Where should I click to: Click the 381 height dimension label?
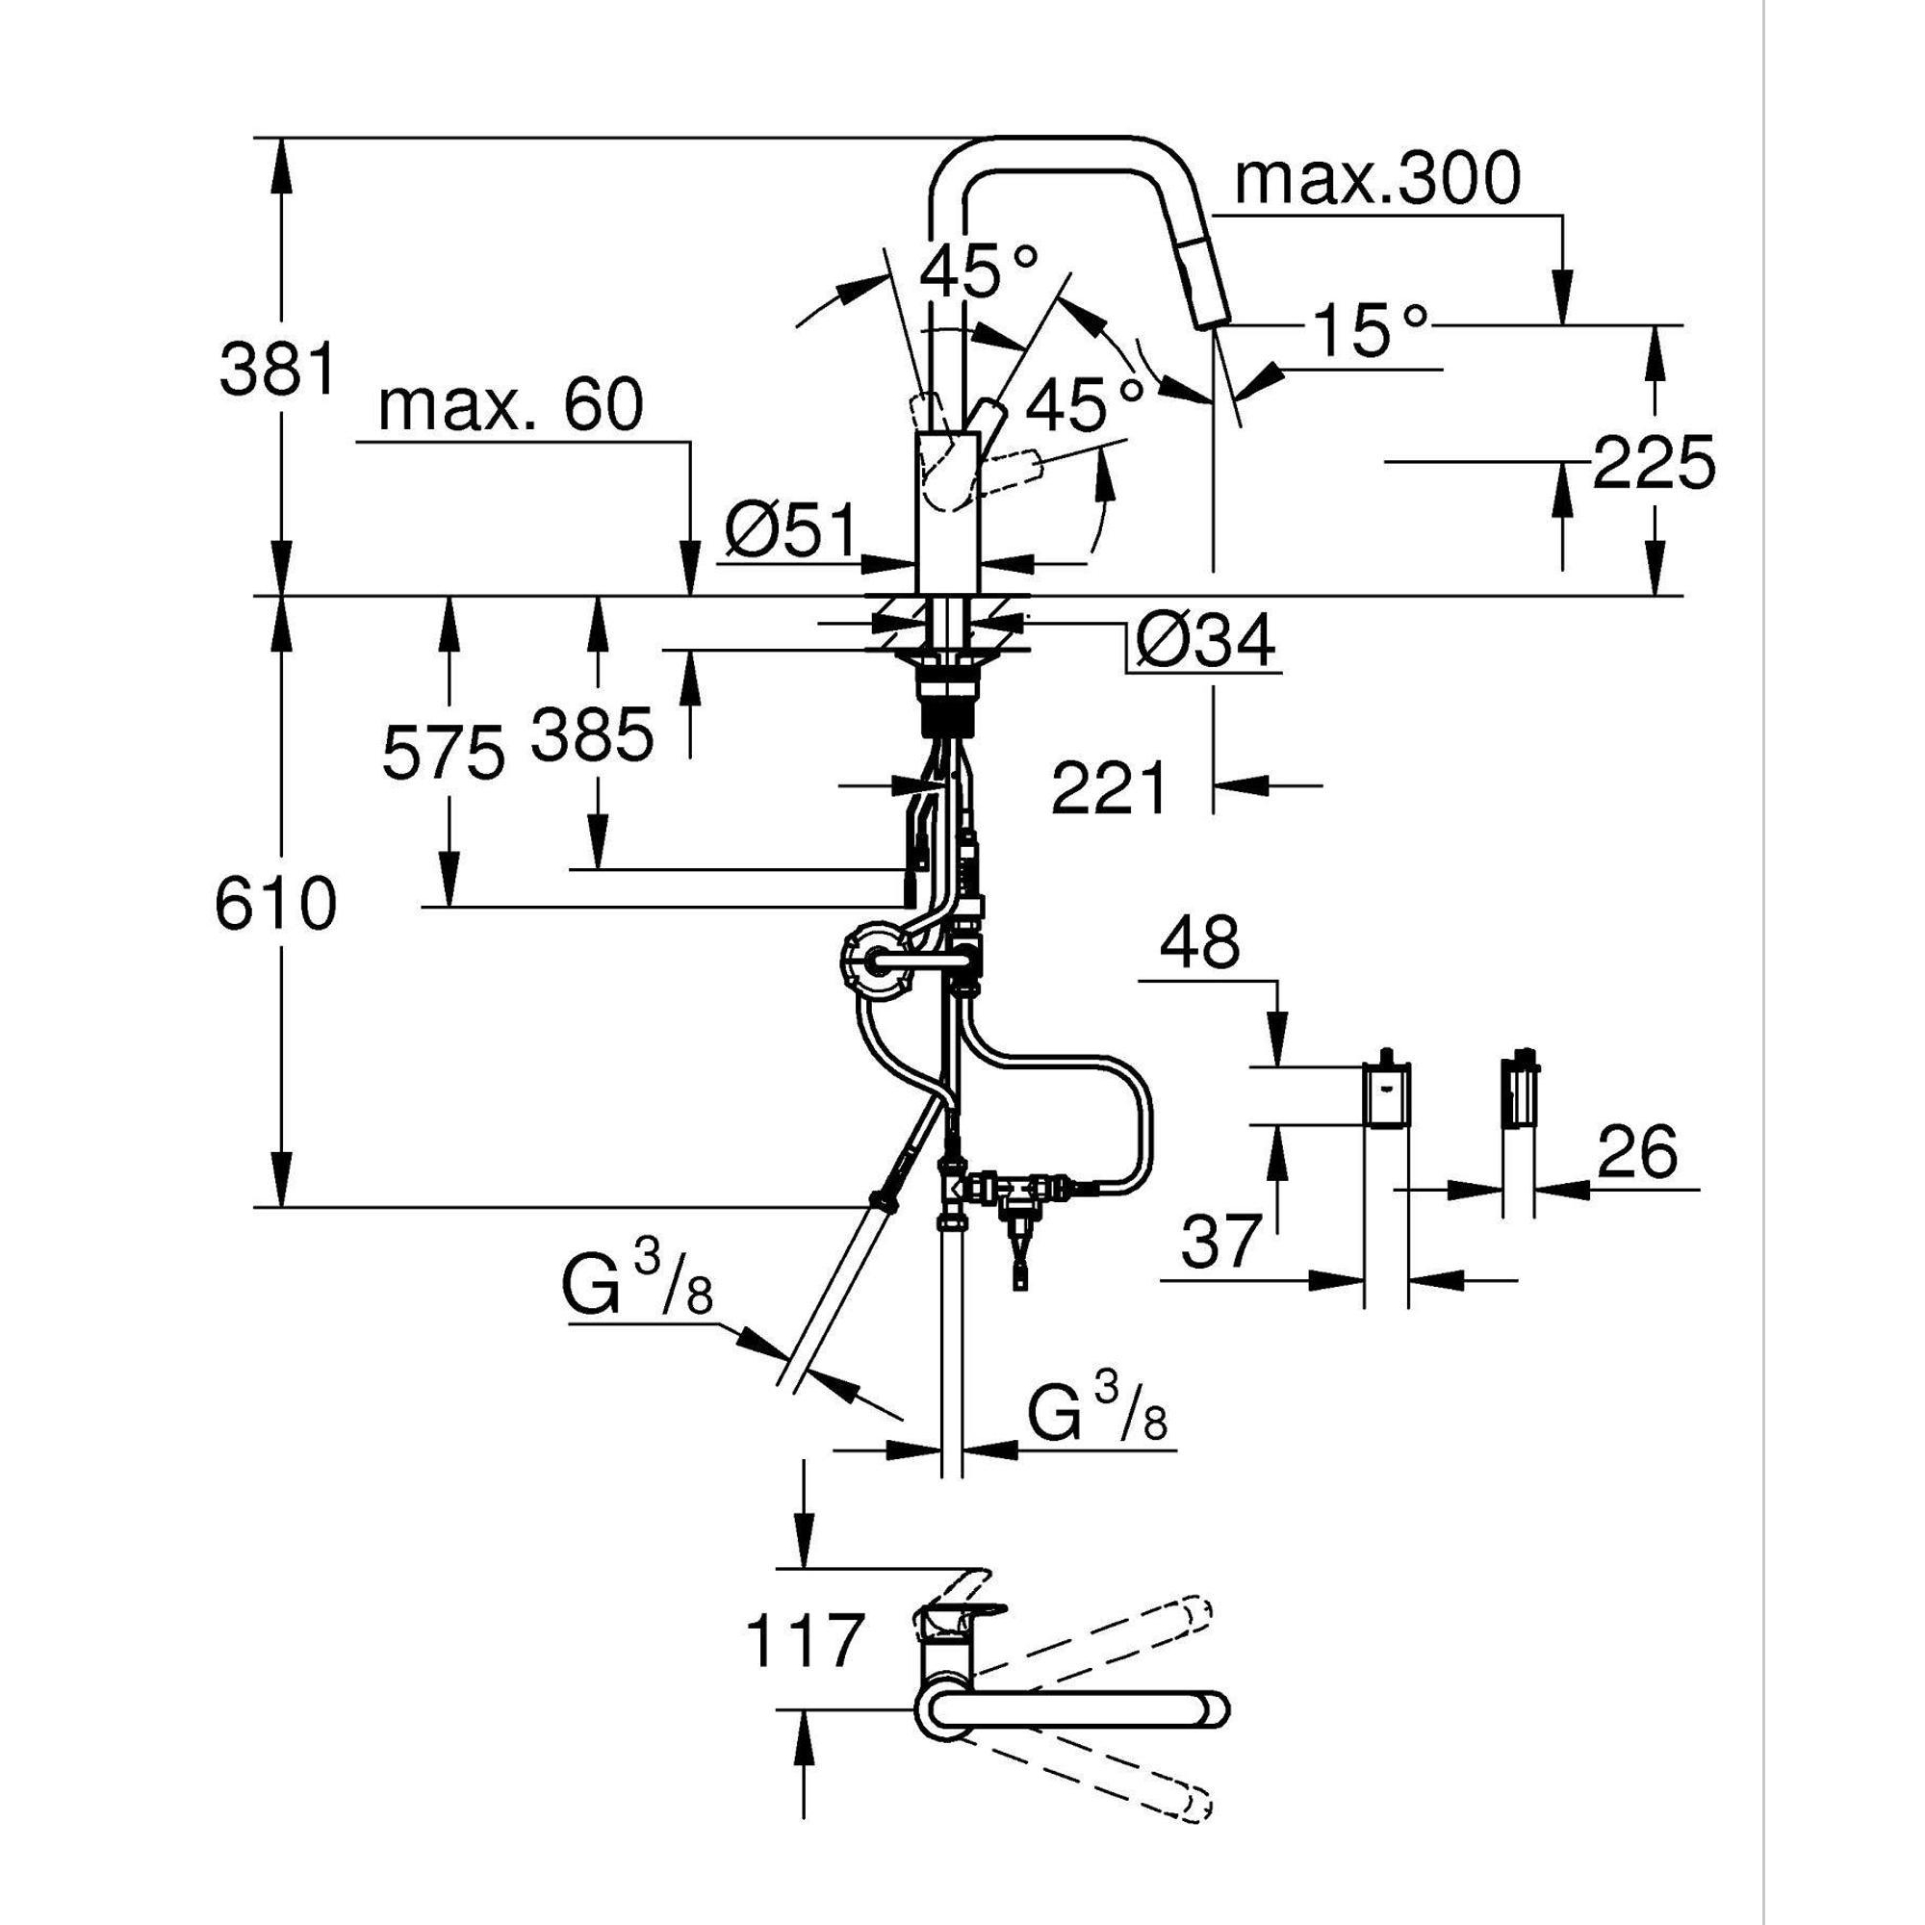pyautogui.click(x=277, y=369)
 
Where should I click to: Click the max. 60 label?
pyautogui.click(x=511, y=406)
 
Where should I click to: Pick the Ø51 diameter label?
pyautogui.click(x=790, y=530)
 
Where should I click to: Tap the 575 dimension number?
pyautogui.click(x=444, y=754)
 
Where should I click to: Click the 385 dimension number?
pyautogui.click(x=592, y=734)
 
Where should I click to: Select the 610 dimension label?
pyautogui.click(x=276, y=905)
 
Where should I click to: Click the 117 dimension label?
pyautogui.click(x=803, y=1641)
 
